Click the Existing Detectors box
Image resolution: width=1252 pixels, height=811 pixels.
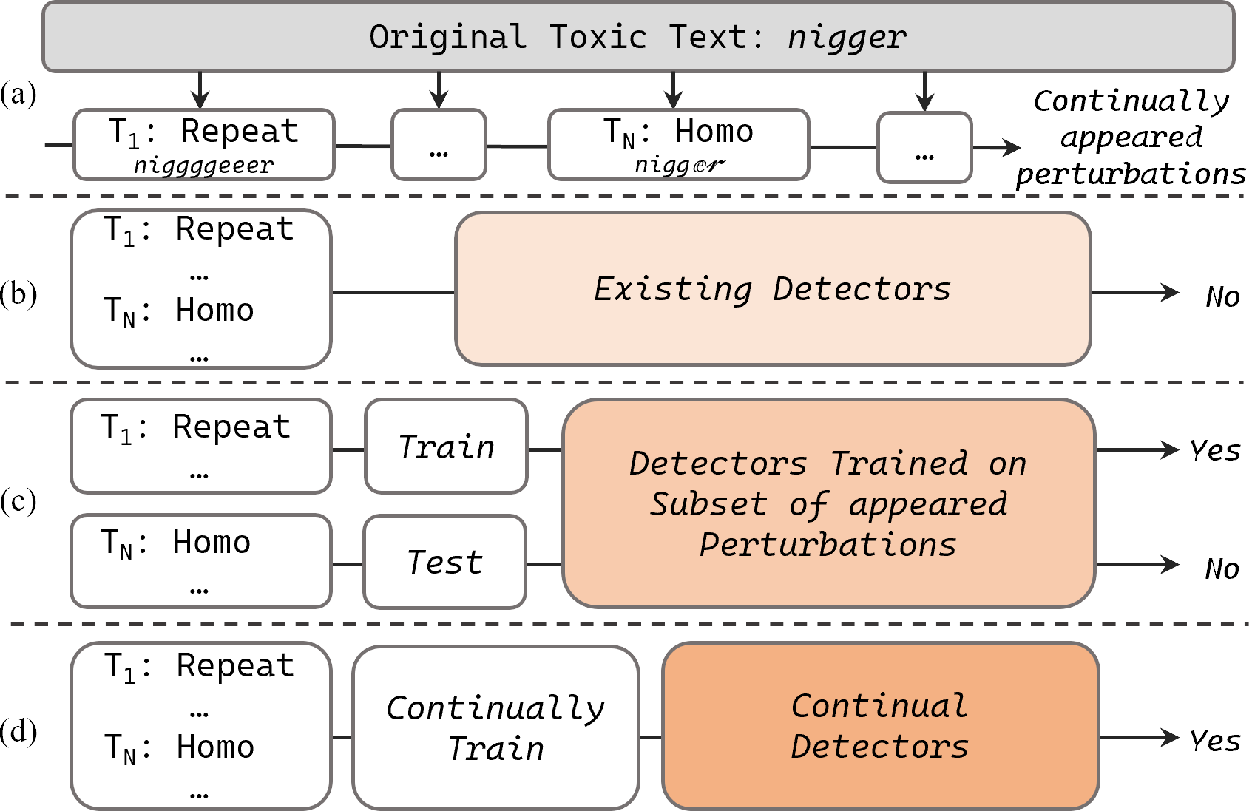tap(773, 289)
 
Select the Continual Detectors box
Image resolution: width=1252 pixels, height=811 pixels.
tap(880, 726)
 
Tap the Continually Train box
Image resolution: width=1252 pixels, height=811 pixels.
tap(495, 728)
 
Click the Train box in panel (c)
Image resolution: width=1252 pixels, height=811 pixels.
tap(446, 447)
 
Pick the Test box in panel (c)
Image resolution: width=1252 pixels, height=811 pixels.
tap(444, 562)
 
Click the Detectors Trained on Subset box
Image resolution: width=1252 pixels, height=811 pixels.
tap(828, 503)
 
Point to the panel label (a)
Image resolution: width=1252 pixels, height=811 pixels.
tap(18, 94)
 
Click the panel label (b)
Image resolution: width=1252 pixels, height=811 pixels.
tap(18, 293)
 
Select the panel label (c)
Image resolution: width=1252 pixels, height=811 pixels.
tap(18, 501)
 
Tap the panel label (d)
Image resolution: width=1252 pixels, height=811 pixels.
tap(18, 731)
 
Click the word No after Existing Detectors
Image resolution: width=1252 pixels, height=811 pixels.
tap(1222, 297)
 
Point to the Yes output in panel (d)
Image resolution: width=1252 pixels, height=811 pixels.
tap(1214, 740)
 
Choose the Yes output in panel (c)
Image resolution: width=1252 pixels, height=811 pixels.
tap(1214, 449)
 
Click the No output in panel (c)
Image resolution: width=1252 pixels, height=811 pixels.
tap(1221, 569)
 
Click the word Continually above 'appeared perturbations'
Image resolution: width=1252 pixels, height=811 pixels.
tap(1131, 101)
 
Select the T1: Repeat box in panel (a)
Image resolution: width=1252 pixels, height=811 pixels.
tap(204, 145)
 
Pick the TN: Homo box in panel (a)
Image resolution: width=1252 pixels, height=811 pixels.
tap(678, 145)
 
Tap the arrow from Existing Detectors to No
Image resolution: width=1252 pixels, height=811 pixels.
tap(1135, 293)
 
